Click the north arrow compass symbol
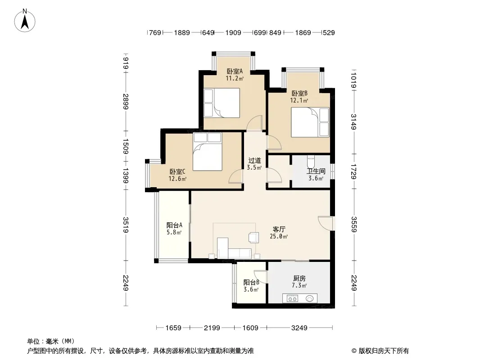[25, 21]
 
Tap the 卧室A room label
[235, 71]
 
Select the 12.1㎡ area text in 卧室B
[299, 100]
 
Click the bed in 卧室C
[207, 152]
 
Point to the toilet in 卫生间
[311, 162]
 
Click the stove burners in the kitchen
[292, 298]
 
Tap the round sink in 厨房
[309, 298]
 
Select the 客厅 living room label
[279, 229]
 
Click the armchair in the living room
[254, 237]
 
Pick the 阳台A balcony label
[175, 225]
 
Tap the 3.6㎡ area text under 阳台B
[251, 289]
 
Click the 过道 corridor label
[254, 160]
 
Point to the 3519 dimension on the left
[126, 225]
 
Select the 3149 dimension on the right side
[353, 122]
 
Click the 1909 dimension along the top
[233, 33]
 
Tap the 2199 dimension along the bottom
[212, 328]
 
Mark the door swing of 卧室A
[255, 123]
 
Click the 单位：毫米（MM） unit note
[51, 341]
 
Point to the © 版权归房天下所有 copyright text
[380, 351]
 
